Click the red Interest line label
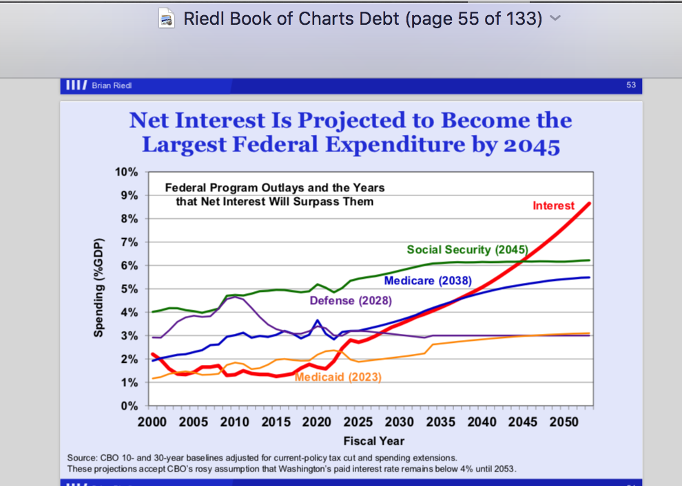pyautogui.click(x=553, y=206)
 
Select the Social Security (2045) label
pyautogui.click(x=467, y=249)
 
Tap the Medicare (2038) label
pyautogui.click(x=428, y=281)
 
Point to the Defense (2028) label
pyautogui.click(x=351, y=301)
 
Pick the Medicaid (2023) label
pyautogui.click(x=338, y=377)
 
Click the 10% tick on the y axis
pyautogui.click(x=127, y=172)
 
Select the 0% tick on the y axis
pyautogui.click(x=130, y=406)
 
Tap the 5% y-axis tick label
pyautogui.click(x=130, y=289)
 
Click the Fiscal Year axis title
pyautogui.click(x=373, y=441)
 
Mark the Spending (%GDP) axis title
pyautogui.click(x=98, y=288)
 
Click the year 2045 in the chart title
pyautogui.click(x=532, y=145)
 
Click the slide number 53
pyautogui.click(x=631, y=85)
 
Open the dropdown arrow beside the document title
pyautogui.click(x=555, y=19)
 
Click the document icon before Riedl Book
pyautogui.click(x=167, y=19)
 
